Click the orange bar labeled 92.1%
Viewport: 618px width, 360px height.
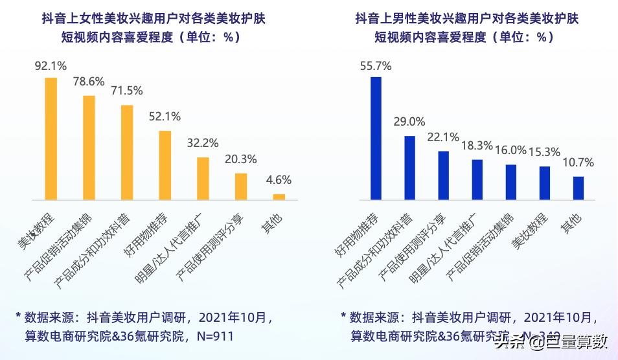pyautogui.click(x=51, y=139)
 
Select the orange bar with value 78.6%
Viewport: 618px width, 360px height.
pyautogui.click(x=89, y=148)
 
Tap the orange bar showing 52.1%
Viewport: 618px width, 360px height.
pyautogui.click(x=165, y=165)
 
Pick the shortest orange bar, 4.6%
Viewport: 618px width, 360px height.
pyautogui.click(x=279, y=196)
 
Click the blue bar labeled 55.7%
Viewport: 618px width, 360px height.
pyautogui.click(x=376, y=138)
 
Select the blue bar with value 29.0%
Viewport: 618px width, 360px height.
pyautogui.click(x=409, y=167)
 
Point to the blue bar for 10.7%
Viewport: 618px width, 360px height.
pyautogui.click(x=578, y=188)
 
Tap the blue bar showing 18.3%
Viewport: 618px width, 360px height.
pyautogui.click(x=477, y=179)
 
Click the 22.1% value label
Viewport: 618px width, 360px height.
pyautogui.click(x=443, y=137)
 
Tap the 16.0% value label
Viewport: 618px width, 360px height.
pyautogui.click(x=510, y=150)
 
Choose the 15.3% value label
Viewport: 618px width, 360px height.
pyautogui.click(x=544, y=152)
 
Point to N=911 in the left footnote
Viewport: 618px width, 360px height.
pyautogui.click(x=212, y=336)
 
